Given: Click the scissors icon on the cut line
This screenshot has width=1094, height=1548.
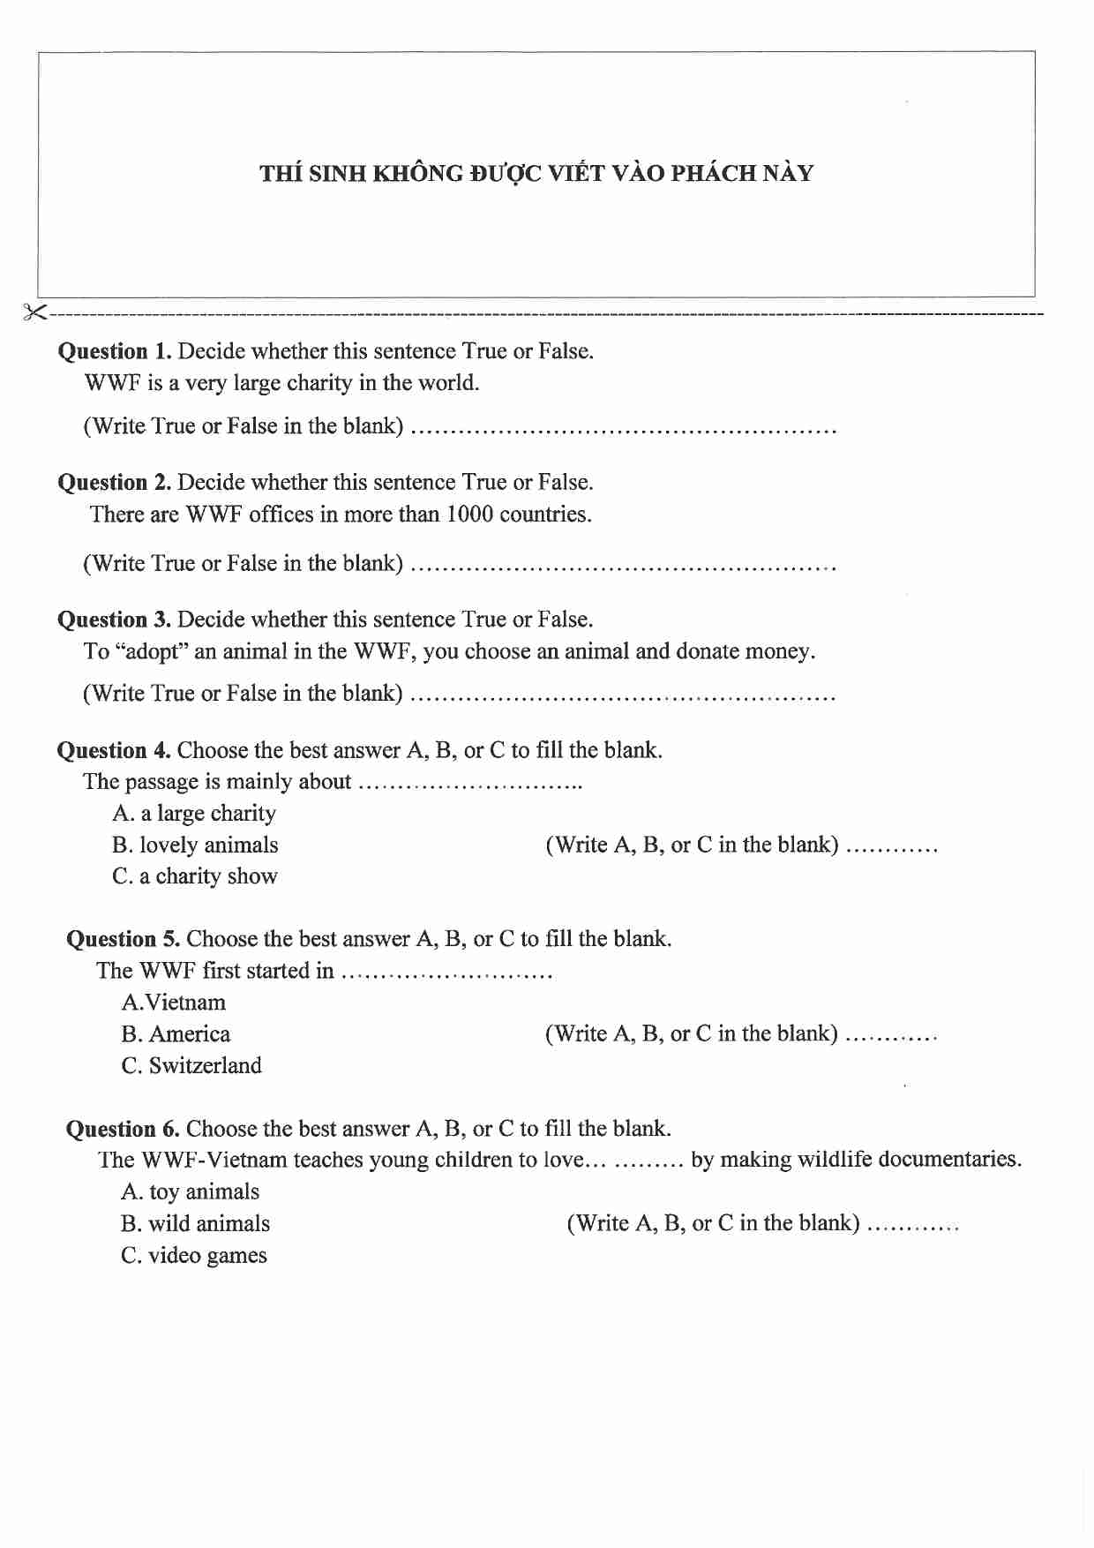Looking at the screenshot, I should pyautogui.click(x=34, y=312).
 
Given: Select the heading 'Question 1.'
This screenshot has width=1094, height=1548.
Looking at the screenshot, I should pyautogui.click(x=115, y=351).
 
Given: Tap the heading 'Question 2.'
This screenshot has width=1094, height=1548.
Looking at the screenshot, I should pyautogui.click(x=115, y=483).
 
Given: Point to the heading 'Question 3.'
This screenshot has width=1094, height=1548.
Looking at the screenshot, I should pyautogui.click(x=115, y=620).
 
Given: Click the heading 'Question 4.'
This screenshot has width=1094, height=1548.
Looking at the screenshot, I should pyautogui.click(x=114, y=751).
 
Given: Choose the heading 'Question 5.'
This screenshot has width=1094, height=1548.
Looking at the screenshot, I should pyautogui.click(x=124, y=939).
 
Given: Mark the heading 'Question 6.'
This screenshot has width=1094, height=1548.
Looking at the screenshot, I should pyautogui.click(x=123, y=1129).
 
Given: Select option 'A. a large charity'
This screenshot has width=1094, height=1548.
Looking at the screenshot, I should pyautogui.click(x=194, y=814).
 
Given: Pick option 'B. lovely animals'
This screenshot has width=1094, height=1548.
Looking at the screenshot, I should pyautogui.click(x=195, y=845).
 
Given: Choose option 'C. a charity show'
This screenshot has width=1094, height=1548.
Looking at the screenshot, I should pyautogui.click(x=195, y=876).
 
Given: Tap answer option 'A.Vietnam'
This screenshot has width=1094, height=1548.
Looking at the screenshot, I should pyautogui.click(x=174, y=1003).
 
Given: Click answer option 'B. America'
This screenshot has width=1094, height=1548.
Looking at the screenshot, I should pyautogui.click(x=176, y=1034).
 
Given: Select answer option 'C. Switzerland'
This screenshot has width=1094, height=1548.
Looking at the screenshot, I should pyautogui.click(x=191, y=1066).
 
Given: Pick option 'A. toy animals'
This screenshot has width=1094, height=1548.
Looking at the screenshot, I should pyautogui.click(x=190, y=1192).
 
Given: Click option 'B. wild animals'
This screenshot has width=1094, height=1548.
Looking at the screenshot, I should pyautogui.click(x=195, y=1224).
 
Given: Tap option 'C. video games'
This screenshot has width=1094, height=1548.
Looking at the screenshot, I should pyautogui.click(x=193, y=1256).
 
